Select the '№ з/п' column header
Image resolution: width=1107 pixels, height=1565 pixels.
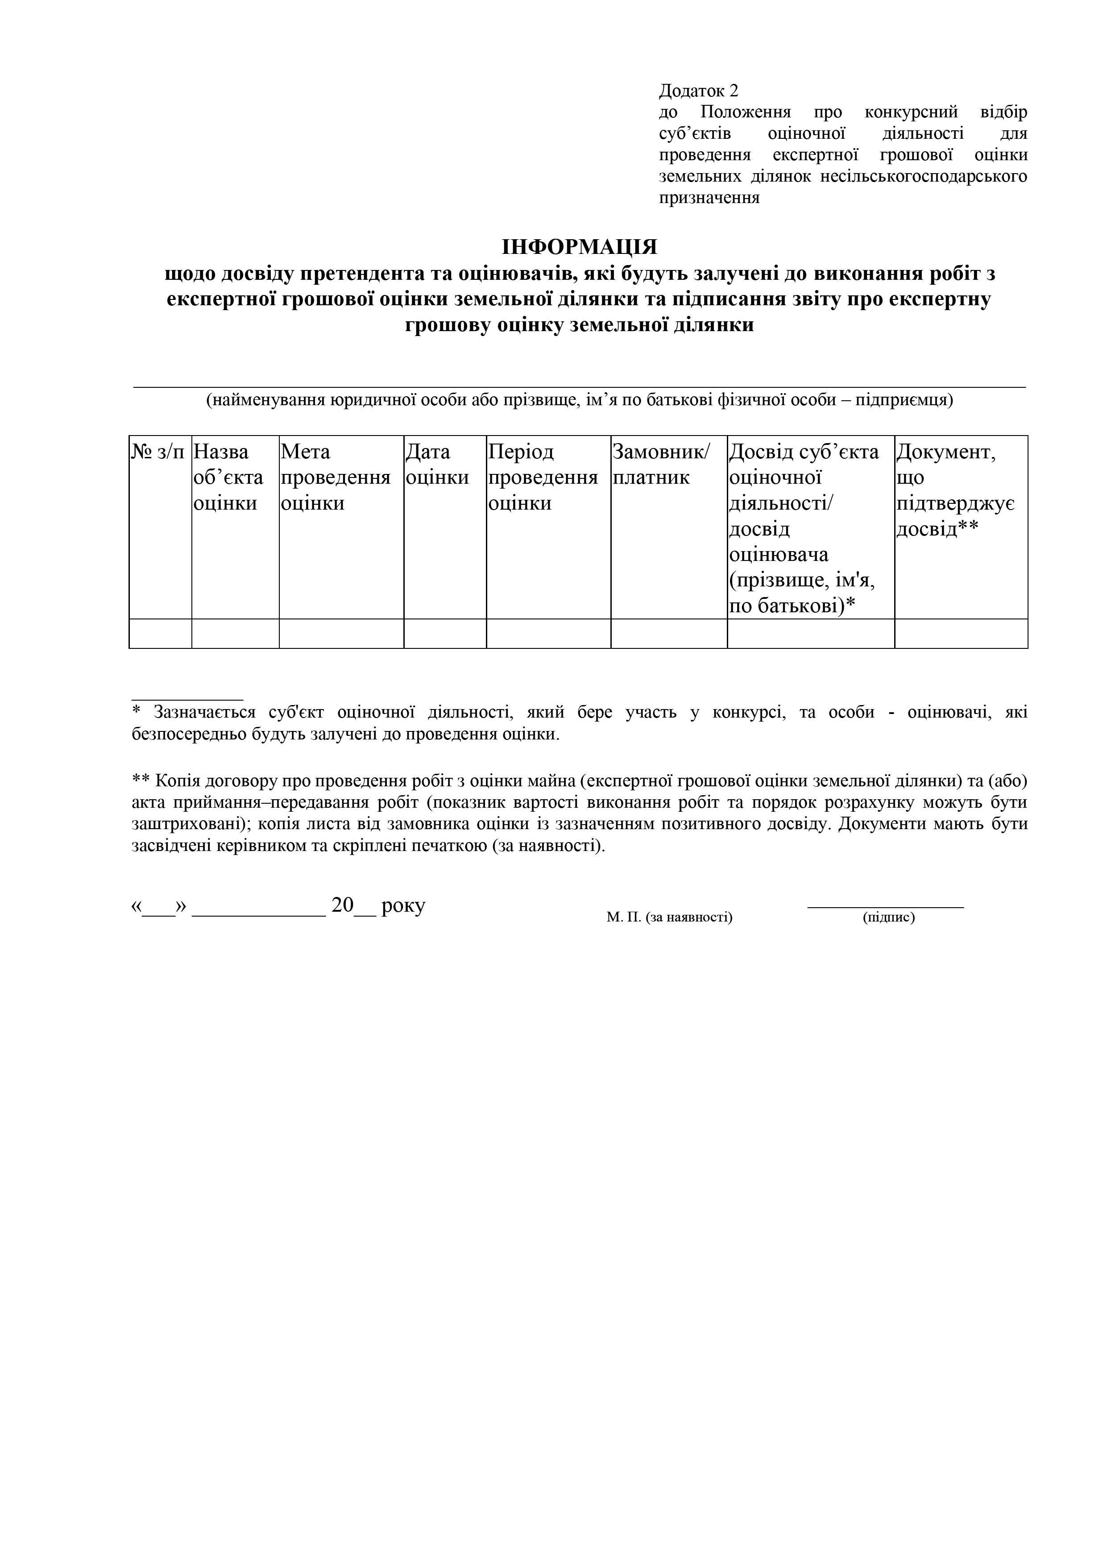coord(158,452)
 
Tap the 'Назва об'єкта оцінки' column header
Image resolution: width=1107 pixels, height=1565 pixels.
coord(228,477)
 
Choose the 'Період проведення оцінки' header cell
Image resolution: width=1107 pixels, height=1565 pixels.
coord(543,477)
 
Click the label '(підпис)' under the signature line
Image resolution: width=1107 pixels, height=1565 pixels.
coord(888,917)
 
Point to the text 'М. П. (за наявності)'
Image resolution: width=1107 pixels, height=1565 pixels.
coord(669,917)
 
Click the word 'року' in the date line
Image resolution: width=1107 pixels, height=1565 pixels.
coord(403,906)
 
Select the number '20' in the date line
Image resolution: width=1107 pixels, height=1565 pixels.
coord(342,905)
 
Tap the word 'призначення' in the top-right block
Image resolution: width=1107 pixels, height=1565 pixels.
coord(709,198)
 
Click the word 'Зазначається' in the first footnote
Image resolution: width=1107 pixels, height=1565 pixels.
coord(204,712)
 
